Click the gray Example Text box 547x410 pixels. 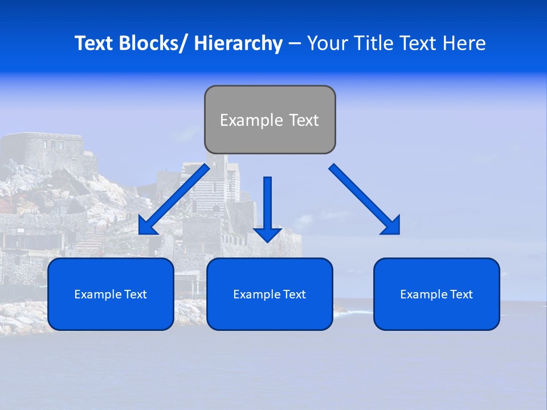click(270, 120)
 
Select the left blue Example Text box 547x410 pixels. click(111, 294)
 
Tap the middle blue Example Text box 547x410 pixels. click(270, 294)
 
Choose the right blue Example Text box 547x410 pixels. click(436, 294)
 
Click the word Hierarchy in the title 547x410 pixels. click(238, 43)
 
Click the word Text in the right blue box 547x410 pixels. click(461, 294)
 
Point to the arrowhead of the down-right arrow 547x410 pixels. click(392, 226)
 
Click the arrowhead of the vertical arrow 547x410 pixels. click(267, 234)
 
